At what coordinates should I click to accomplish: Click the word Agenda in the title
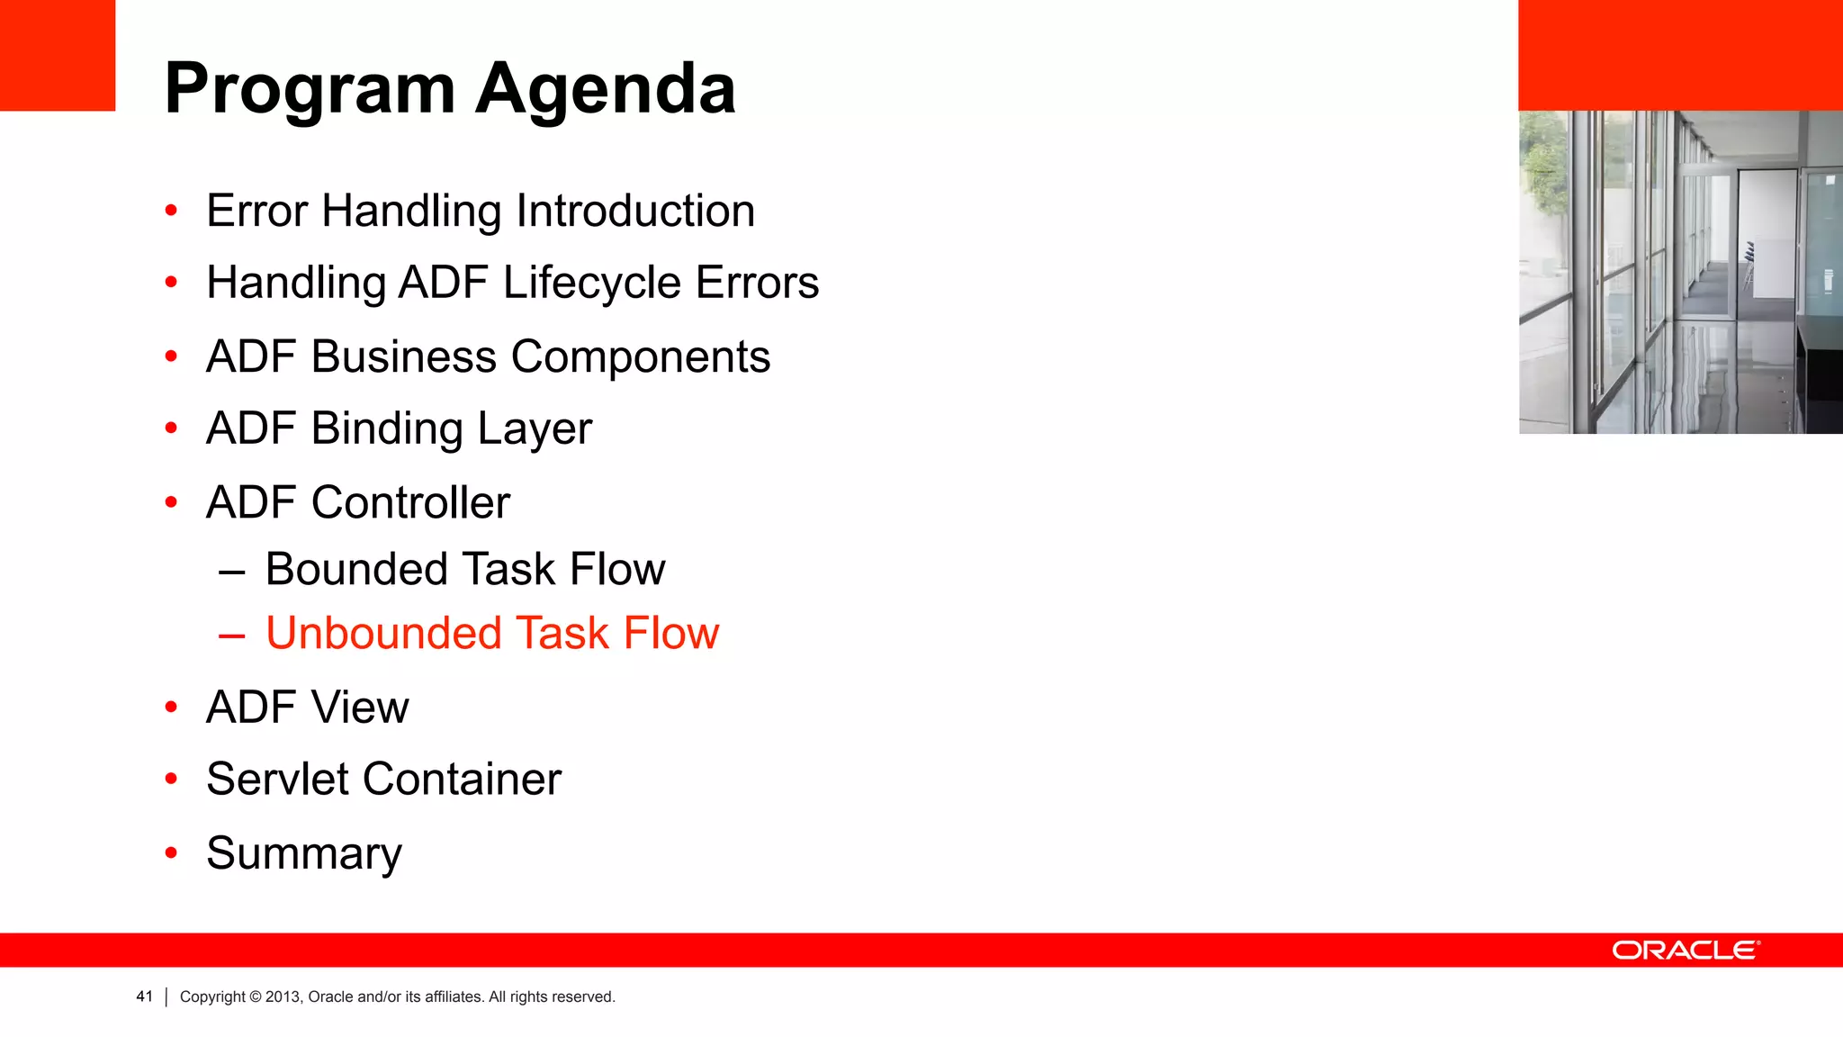tap(605, 90)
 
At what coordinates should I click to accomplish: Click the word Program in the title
tap(310, 90)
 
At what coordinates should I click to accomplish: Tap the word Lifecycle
tap(591, 283)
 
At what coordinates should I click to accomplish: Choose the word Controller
tap(410, 502)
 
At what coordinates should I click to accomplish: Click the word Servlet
tap(275, 779)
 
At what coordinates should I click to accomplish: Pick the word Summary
tap(303, 853)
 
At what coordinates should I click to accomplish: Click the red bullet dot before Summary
tap(171, 852)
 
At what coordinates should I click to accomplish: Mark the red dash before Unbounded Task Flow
tap(231, 636)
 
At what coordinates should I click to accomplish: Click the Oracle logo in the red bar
tap(1685, 951)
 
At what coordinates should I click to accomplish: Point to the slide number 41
tap(144, 996)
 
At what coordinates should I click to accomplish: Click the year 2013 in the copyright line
tap(282, 996)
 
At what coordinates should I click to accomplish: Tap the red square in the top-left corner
tap(57, 55)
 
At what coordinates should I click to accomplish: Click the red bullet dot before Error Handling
tap(171, 211)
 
